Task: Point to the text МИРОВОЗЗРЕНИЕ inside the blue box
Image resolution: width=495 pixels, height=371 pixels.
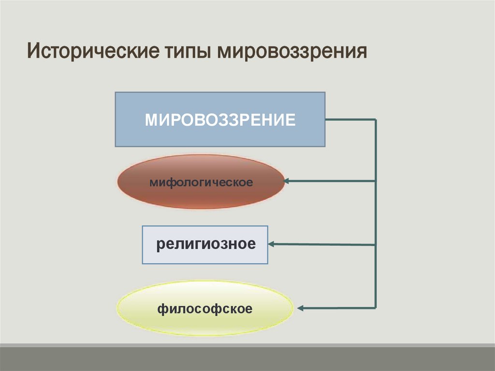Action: point(220,119)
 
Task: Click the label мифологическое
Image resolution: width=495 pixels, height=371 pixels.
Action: point(201,183)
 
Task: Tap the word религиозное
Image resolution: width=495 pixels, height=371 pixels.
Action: point(205,244)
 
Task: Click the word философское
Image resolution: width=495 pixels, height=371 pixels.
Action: point(205,308)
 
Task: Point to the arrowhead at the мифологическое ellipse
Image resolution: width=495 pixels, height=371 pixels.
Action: point(286,181)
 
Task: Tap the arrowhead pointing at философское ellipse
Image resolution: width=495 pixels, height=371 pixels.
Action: point(300,308)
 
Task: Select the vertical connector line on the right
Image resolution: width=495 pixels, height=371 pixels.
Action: point(376,213)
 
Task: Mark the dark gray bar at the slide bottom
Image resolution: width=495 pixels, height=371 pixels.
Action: point(247,358)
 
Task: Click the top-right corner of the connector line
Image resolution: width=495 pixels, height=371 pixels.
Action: point(376,119)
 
